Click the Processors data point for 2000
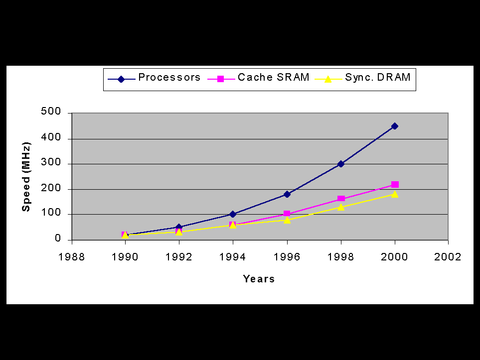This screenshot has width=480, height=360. tap(395, 126)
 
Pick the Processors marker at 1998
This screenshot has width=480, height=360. tap(341, 164)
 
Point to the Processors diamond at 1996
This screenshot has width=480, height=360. tap(287, 194)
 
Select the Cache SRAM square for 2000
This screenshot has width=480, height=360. tap(395, 185)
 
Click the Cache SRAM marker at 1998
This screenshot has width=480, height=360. tap(341, 199)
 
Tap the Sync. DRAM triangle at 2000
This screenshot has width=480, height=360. tap(395, 194)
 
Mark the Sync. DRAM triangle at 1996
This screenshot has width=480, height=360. tap(287, 220)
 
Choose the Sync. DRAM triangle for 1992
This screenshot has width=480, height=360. tap(179, 232)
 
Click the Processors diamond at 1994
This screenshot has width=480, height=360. tap(233, 214)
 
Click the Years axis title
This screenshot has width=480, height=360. tap(259, 279)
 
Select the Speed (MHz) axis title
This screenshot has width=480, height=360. tap(26, 177)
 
